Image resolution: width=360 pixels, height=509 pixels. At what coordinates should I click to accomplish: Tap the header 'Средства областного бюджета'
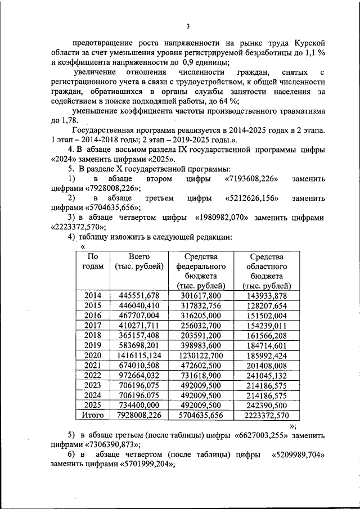pos(267,271)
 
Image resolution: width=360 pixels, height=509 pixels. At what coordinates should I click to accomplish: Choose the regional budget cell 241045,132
pos(267,375)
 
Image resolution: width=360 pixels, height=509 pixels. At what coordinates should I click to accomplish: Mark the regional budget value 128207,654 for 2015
pos(267,306)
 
